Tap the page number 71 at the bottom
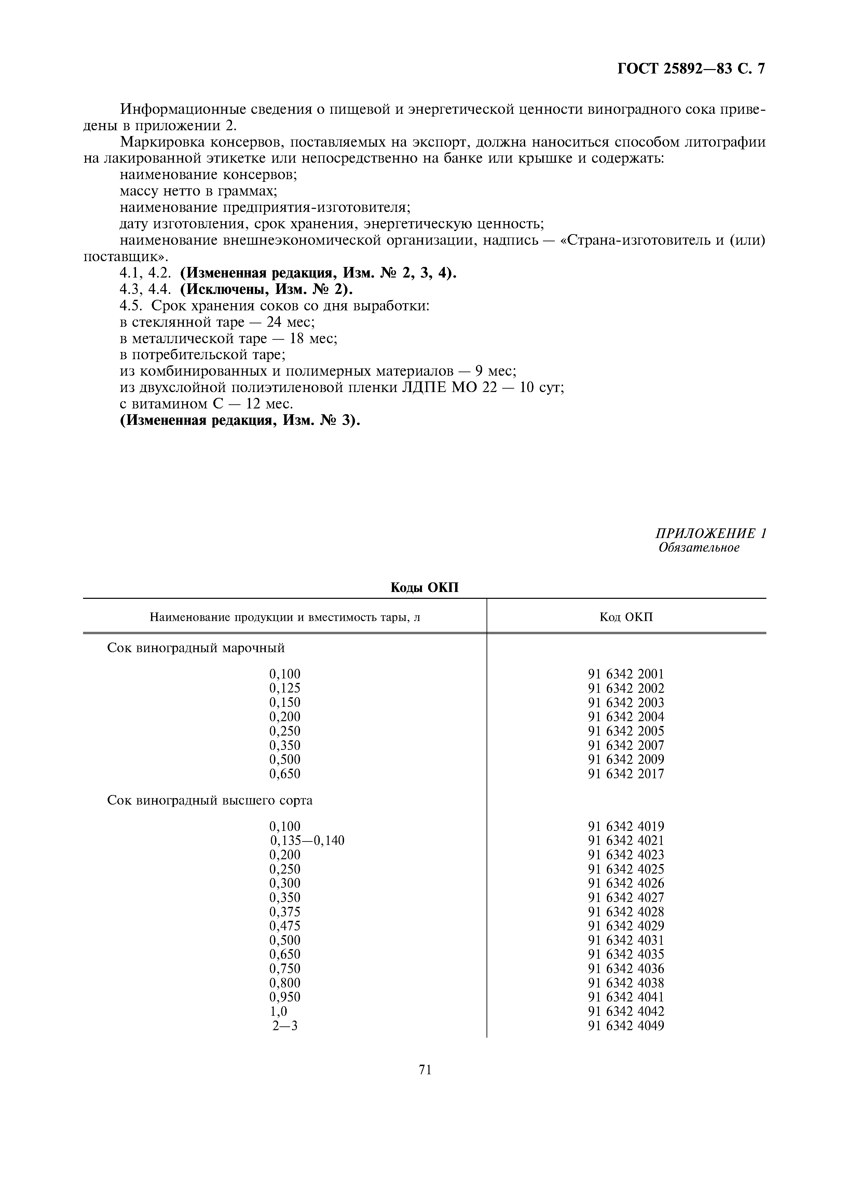(x=425, y=1070)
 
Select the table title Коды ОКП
(x=424, y=588)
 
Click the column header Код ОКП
(x=626, y=617)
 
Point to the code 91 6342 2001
(x=626, y=674)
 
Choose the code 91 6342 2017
(x=626, y=774)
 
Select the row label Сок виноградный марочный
(x=196, y=648)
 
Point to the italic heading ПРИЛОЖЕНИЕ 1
(x=710, y=533)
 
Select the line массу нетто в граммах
(x=198, y=191)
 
